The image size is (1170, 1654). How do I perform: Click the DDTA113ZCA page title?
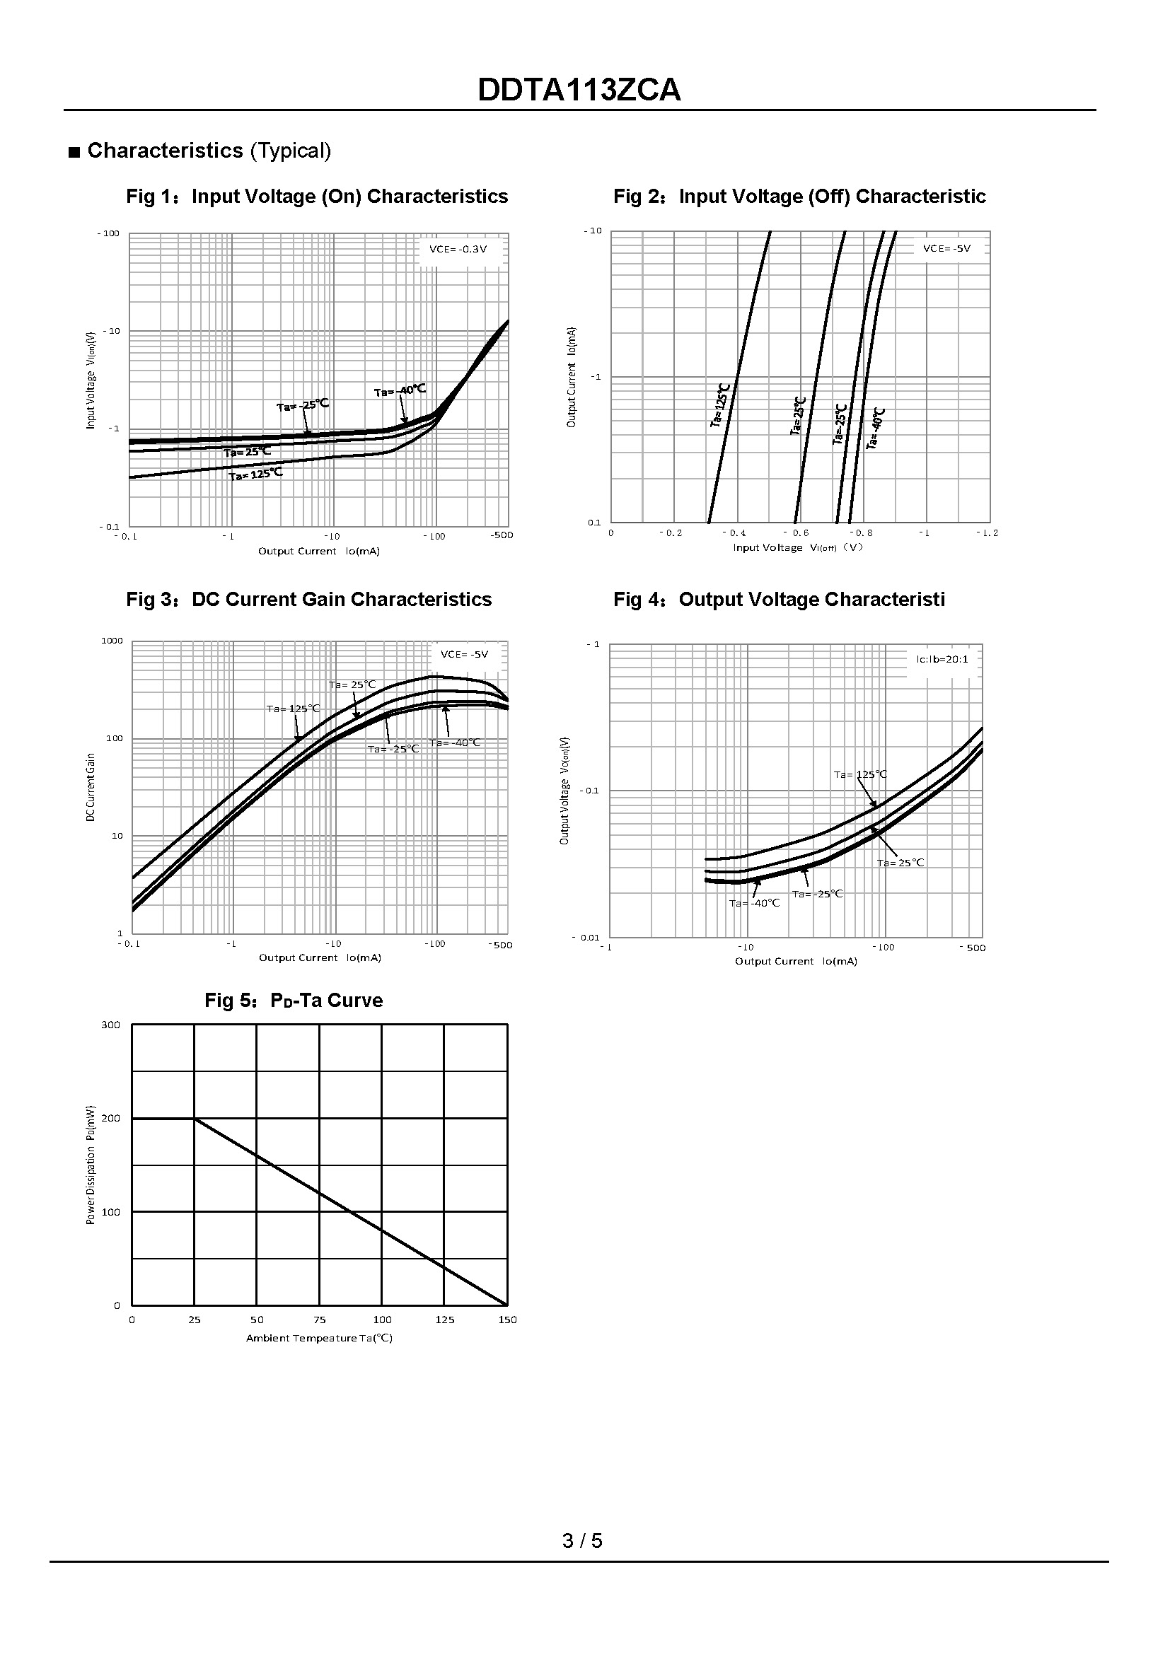pos(579,91)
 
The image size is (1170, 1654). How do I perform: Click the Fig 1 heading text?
pos(317,197)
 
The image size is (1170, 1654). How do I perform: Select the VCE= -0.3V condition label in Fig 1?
pos(458,249)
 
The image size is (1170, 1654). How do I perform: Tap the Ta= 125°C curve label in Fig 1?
pos(256,474)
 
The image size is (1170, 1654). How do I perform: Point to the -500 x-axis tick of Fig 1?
pos(502,535)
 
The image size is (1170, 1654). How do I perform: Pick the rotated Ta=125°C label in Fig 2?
pos(720,406)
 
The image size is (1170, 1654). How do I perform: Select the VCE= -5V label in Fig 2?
pos(946,248)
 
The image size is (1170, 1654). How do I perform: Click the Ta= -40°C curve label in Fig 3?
pos(455,742)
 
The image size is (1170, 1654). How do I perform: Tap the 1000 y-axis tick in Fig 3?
pos(112,641)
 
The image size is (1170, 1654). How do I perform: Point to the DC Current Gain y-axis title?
pos(91,787)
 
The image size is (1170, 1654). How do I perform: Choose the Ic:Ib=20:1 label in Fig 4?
pos(942,659)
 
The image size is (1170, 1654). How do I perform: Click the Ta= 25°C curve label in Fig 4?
pos(900,862)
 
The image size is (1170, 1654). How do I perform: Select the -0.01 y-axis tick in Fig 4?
pos(585,937)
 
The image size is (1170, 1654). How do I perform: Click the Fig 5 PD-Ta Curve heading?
pos(294,1001)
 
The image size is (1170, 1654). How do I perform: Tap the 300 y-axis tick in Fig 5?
pos(111,1025)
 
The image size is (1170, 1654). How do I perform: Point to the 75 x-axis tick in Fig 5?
pos(319,1320)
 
